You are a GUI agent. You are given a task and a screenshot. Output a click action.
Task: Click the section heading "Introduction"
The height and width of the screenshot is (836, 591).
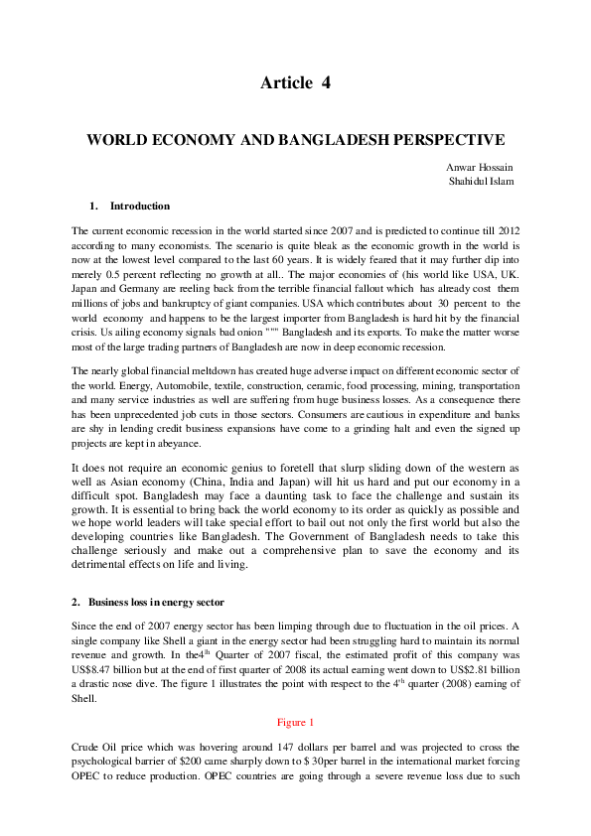point(140,206)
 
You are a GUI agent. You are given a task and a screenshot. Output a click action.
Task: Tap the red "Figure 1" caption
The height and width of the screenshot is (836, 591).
point(295,722)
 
